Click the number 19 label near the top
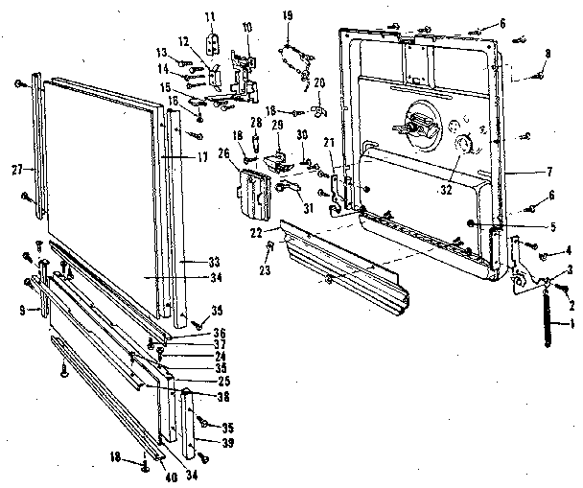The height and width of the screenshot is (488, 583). [x=286, y=14]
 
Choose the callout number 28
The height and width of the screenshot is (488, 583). [x=256, y=124]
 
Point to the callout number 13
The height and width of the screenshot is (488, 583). [x=161, y=51]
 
